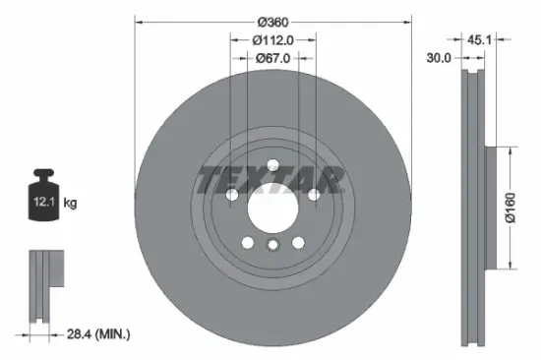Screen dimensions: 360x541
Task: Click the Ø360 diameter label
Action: tap(272, 21)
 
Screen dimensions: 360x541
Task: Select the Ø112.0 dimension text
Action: tap(273, 40)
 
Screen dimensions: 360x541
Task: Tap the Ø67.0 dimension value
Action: tap(272, 58)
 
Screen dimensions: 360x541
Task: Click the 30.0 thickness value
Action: tap(439, 58)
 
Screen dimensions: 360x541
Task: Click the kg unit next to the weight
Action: tap(70, 204)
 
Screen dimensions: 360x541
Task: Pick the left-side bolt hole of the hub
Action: tap(232, 196)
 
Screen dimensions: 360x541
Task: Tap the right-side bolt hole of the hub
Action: tap(314, 196)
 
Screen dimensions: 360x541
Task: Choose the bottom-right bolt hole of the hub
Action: tap(298, 243)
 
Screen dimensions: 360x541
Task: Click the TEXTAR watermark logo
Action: tap(272, 179)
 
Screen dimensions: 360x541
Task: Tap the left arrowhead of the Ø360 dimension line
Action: tap(138, 21)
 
